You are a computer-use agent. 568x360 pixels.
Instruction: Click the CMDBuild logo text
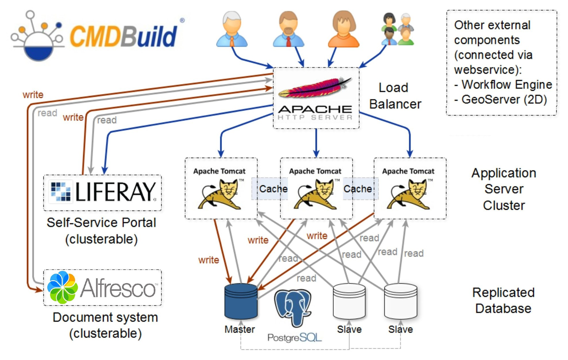[x=124, y=36]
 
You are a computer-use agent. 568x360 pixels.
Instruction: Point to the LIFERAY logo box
[x=103, y=192]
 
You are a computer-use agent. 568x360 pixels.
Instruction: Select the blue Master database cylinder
[x=241, y=301]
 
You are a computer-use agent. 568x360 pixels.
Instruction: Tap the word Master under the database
[x=240, y=329]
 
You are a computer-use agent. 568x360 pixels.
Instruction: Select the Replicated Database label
[x=503, y=300]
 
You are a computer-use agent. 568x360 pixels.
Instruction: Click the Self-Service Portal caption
[x=101, y=223]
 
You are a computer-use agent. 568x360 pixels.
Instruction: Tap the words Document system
[x=105, y=317]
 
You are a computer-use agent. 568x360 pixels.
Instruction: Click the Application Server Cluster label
[x=504, y=189]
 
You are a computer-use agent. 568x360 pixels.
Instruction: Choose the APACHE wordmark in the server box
[x=315, y=109]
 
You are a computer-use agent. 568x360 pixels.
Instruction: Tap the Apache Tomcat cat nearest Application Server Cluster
[x=409, y=194]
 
